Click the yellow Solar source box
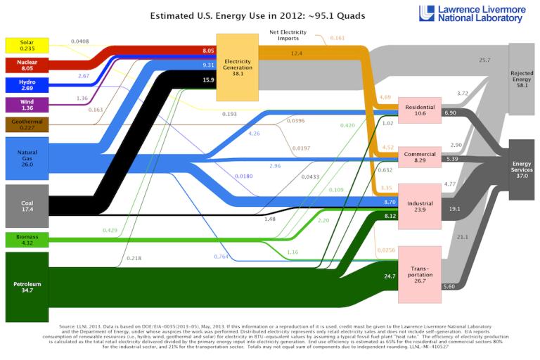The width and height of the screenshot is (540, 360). point(27,46)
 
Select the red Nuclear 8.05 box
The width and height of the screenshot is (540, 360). point(27,65)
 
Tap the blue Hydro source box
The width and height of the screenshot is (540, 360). point(27,85)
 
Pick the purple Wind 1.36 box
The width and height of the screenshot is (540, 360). point(27,105)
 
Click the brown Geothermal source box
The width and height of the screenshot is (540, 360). point(27,124)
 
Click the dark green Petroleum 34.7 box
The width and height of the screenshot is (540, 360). point(27,287)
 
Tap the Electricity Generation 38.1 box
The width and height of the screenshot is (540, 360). point(237,66)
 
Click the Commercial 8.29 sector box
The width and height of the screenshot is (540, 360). point(420,157)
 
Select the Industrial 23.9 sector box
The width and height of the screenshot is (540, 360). point(420,207)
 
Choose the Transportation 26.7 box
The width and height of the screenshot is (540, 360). point(420,274)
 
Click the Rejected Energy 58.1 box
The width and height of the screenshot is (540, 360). point(522,77)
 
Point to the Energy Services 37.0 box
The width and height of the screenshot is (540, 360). point(522,169)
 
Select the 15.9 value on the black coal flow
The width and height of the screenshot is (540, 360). point(207,80)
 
